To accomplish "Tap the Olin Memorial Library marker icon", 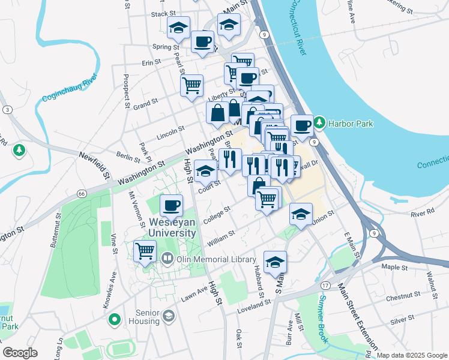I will point(167,259).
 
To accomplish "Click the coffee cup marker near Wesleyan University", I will point(172,206).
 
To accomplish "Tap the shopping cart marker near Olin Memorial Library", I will point(145,251).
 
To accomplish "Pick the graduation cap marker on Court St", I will point(206,171).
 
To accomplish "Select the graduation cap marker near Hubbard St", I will point(275,262).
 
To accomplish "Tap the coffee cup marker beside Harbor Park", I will point(302,125).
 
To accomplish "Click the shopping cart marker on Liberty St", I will point(191,85).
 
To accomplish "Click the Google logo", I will point(19,352).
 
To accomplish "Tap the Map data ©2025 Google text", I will point(411,355).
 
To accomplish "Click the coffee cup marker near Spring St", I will point(203,41).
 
